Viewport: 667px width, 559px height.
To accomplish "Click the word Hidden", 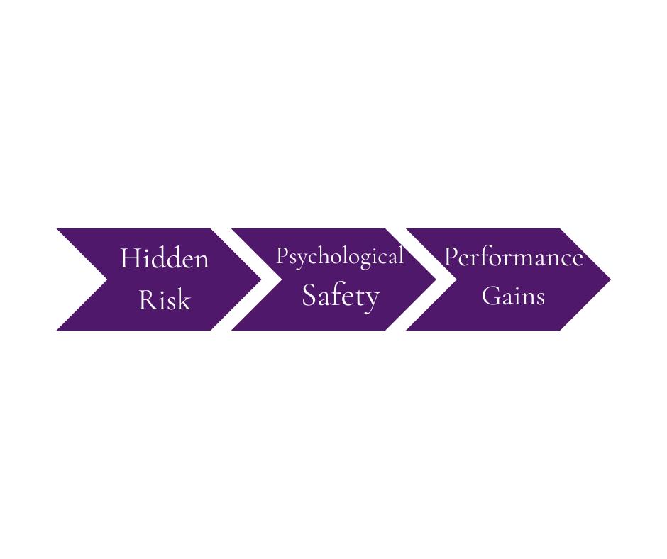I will pyautogui.click(x=164, y=258).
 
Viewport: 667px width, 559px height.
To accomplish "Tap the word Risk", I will pyautogui.click(x=165, y=300).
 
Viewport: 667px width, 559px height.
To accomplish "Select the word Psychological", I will pyautogui.click(x=340, y=256).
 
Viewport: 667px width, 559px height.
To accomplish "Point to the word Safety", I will pyautogui.click(x=341, y=296).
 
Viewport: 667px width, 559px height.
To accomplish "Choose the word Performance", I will pyautogui.click(x=513, y=257).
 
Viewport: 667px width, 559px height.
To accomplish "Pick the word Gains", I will pyautogui.click(x=513, y=295).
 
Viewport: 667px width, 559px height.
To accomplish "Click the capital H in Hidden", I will pyautogui.click(x=128, y=258).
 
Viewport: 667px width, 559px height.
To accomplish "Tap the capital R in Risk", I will pyautogui.click(x=145, y=300).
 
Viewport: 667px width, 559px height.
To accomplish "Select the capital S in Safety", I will pyautogui.click(x=309, y=295).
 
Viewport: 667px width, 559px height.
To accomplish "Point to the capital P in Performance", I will pyautogui.click(x=450, y=257).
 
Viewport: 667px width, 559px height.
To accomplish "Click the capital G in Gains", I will pyautogui.click(x=490, y=295).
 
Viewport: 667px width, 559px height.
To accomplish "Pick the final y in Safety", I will pyautogui.click(x=373, y=298).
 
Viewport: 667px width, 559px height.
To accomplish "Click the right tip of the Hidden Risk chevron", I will pyautogui.click(x=261, y=279).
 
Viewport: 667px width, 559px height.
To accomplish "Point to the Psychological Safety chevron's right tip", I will pyautogui.click(x=436, y=279).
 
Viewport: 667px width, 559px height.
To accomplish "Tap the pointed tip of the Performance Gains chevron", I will pyautogui.click(x=610, y=279).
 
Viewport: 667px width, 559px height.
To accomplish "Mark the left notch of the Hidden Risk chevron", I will pyautogui.click(x=106, y=279).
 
